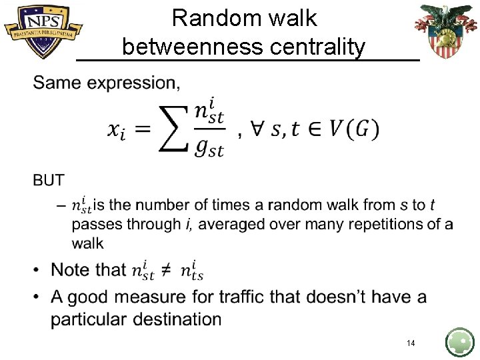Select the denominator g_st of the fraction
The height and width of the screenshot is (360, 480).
coord(209,148)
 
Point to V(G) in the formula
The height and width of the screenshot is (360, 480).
coord(353,129)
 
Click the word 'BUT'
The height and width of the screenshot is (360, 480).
coord(49,180)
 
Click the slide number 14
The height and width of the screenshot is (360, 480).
coord(411,343)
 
